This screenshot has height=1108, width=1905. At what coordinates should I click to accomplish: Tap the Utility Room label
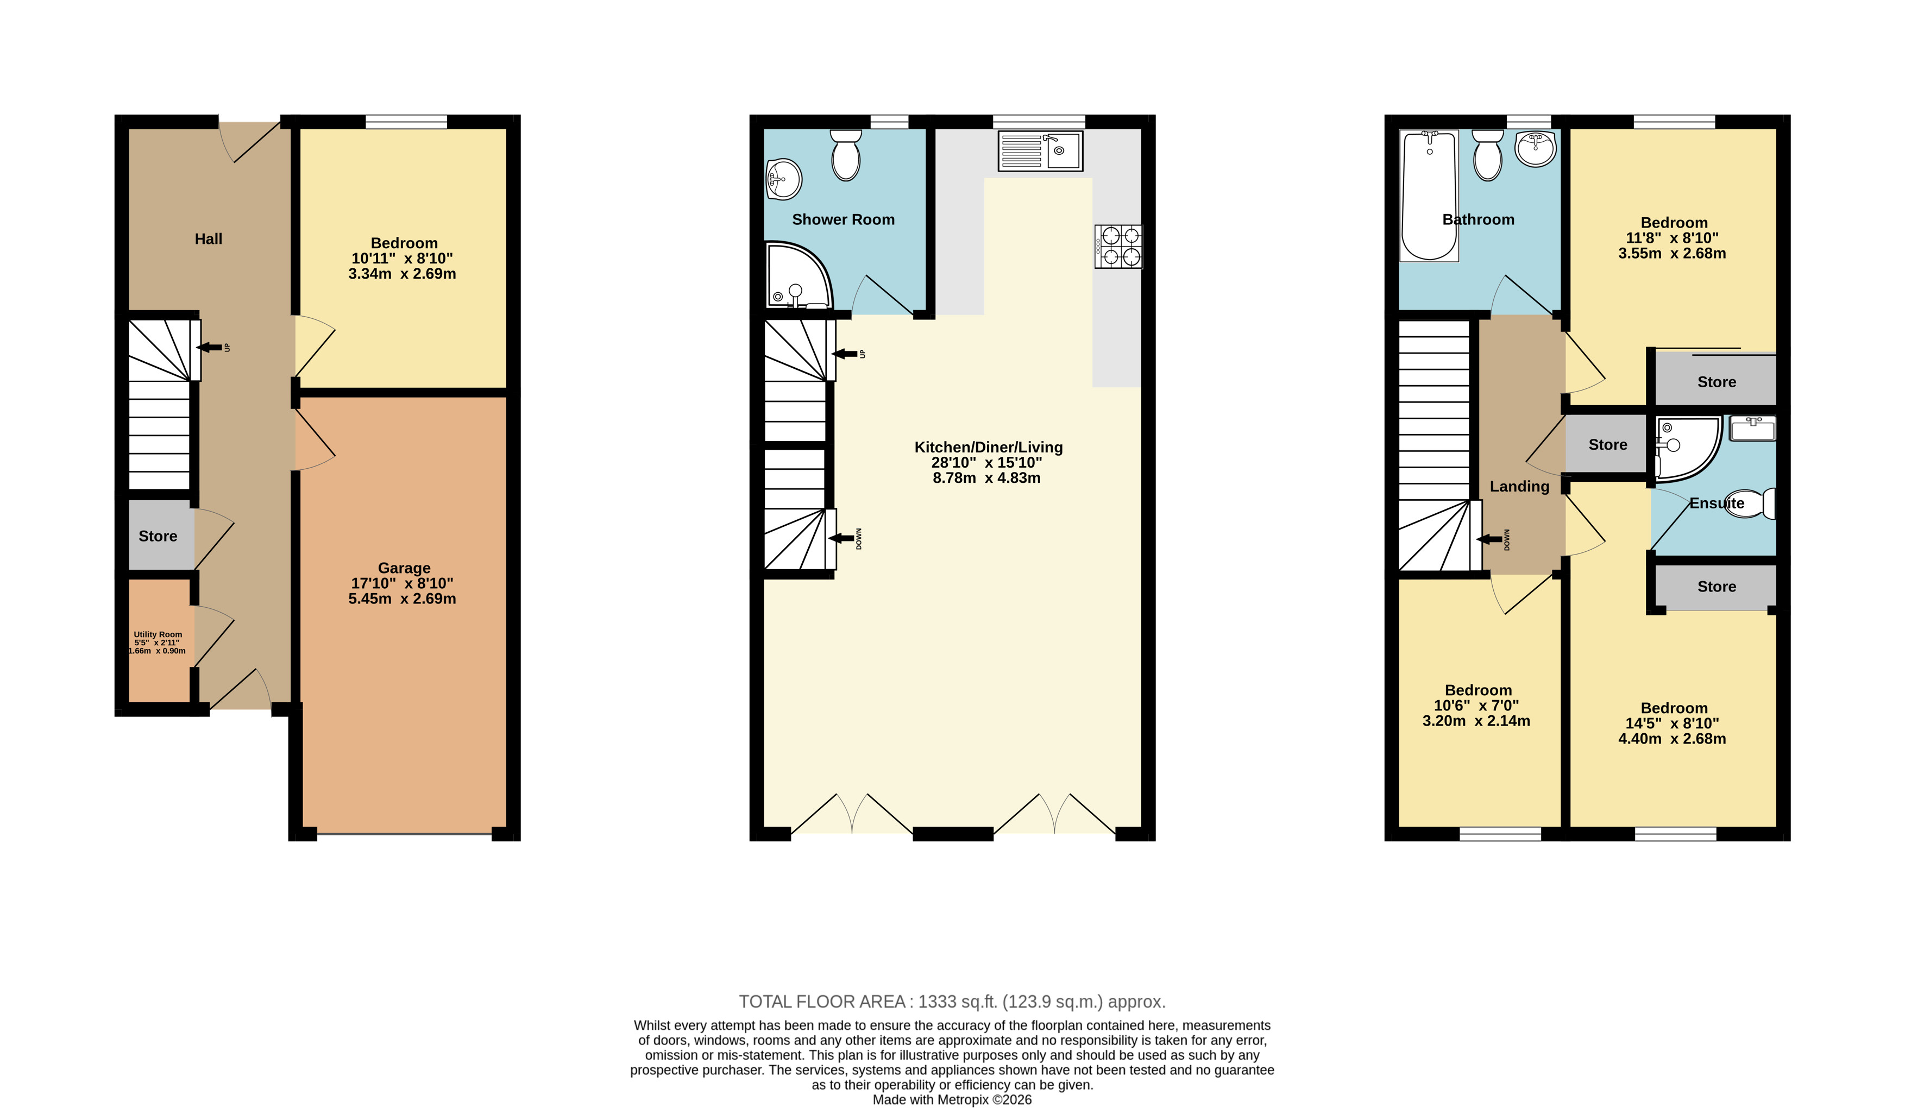pyautogui.click(x=158, y=635)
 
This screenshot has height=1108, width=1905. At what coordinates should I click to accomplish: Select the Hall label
pyautogui.click(x=209, y=239)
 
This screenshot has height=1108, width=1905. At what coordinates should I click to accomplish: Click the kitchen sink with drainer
pyautogui.click(x=1040, y=151)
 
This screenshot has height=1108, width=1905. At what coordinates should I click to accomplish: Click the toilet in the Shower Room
pyautogui.click(x=846, y=155)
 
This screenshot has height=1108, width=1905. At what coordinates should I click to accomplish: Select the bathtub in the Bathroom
pyautogui.click(x=1429, y=196)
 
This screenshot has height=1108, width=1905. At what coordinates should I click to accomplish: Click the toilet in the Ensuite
pyautogui.click(x=1751, y=503)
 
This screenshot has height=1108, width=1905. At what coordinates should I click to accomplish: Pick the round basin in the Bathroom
pyautogui.click(x=1535, y=149)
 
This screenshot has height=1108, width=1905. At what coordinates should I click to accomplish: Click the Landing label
pyautogui.click(x=1519, y=487)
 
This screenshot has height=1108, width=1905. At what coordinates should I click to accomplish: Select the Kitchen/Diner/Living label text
pyautogui.click(x=989, y=448)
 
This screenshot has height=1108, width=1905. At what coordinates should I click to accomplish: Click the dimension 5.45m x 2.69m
pyautogui.click(x=402, y=599)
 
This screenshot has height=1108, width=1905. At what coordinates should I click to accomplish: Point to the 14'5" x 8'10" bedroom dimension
pyautogui.click(x=1672, y=723)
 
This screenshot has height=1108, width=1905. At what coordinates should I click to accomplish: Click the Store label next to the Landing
pyautogui.click(x=1608, y=444)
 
